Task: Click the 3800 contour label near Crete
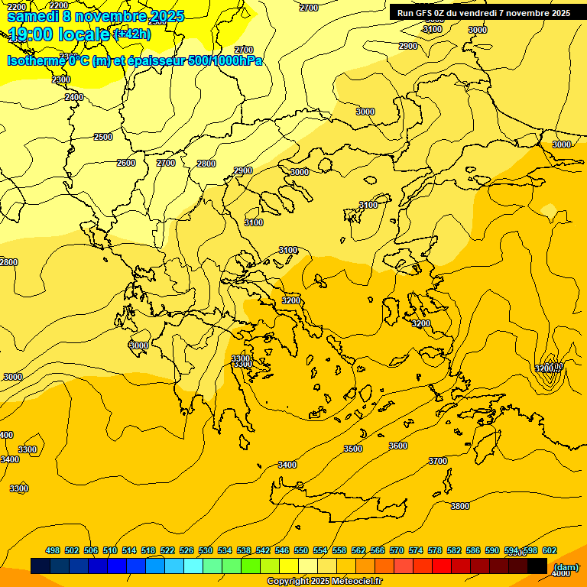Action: [x=460, y=506]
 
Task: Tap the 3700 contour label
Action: [x=438, y=461]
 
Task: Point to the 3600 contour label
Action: [x=398, y=446]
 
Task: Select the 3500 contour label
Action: [x=353, y=449]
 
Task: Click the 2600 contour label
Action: [x=126, y=163]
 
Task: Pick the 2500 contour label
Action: [x=103, y=137]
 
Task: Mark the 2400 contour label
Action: [x=74, y=97]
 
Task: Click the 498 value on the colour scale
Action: [x=53, y=551]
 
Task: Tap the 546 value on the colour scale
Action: [x=282, y=551]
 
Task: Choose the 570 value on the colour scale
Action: [x=397, y=551]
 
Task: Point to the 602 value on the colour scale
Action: [x=550, y=551]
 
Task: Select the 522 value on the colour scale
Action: [x=167, y=551]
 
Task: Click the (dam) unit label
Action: [x=566, y=566]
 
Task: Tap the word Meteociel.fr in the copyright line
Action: [x=352, y=582]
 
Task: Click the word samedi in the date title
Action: [x=33, y=15]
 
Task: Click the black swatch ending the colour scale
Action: [x=537, y=566]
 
